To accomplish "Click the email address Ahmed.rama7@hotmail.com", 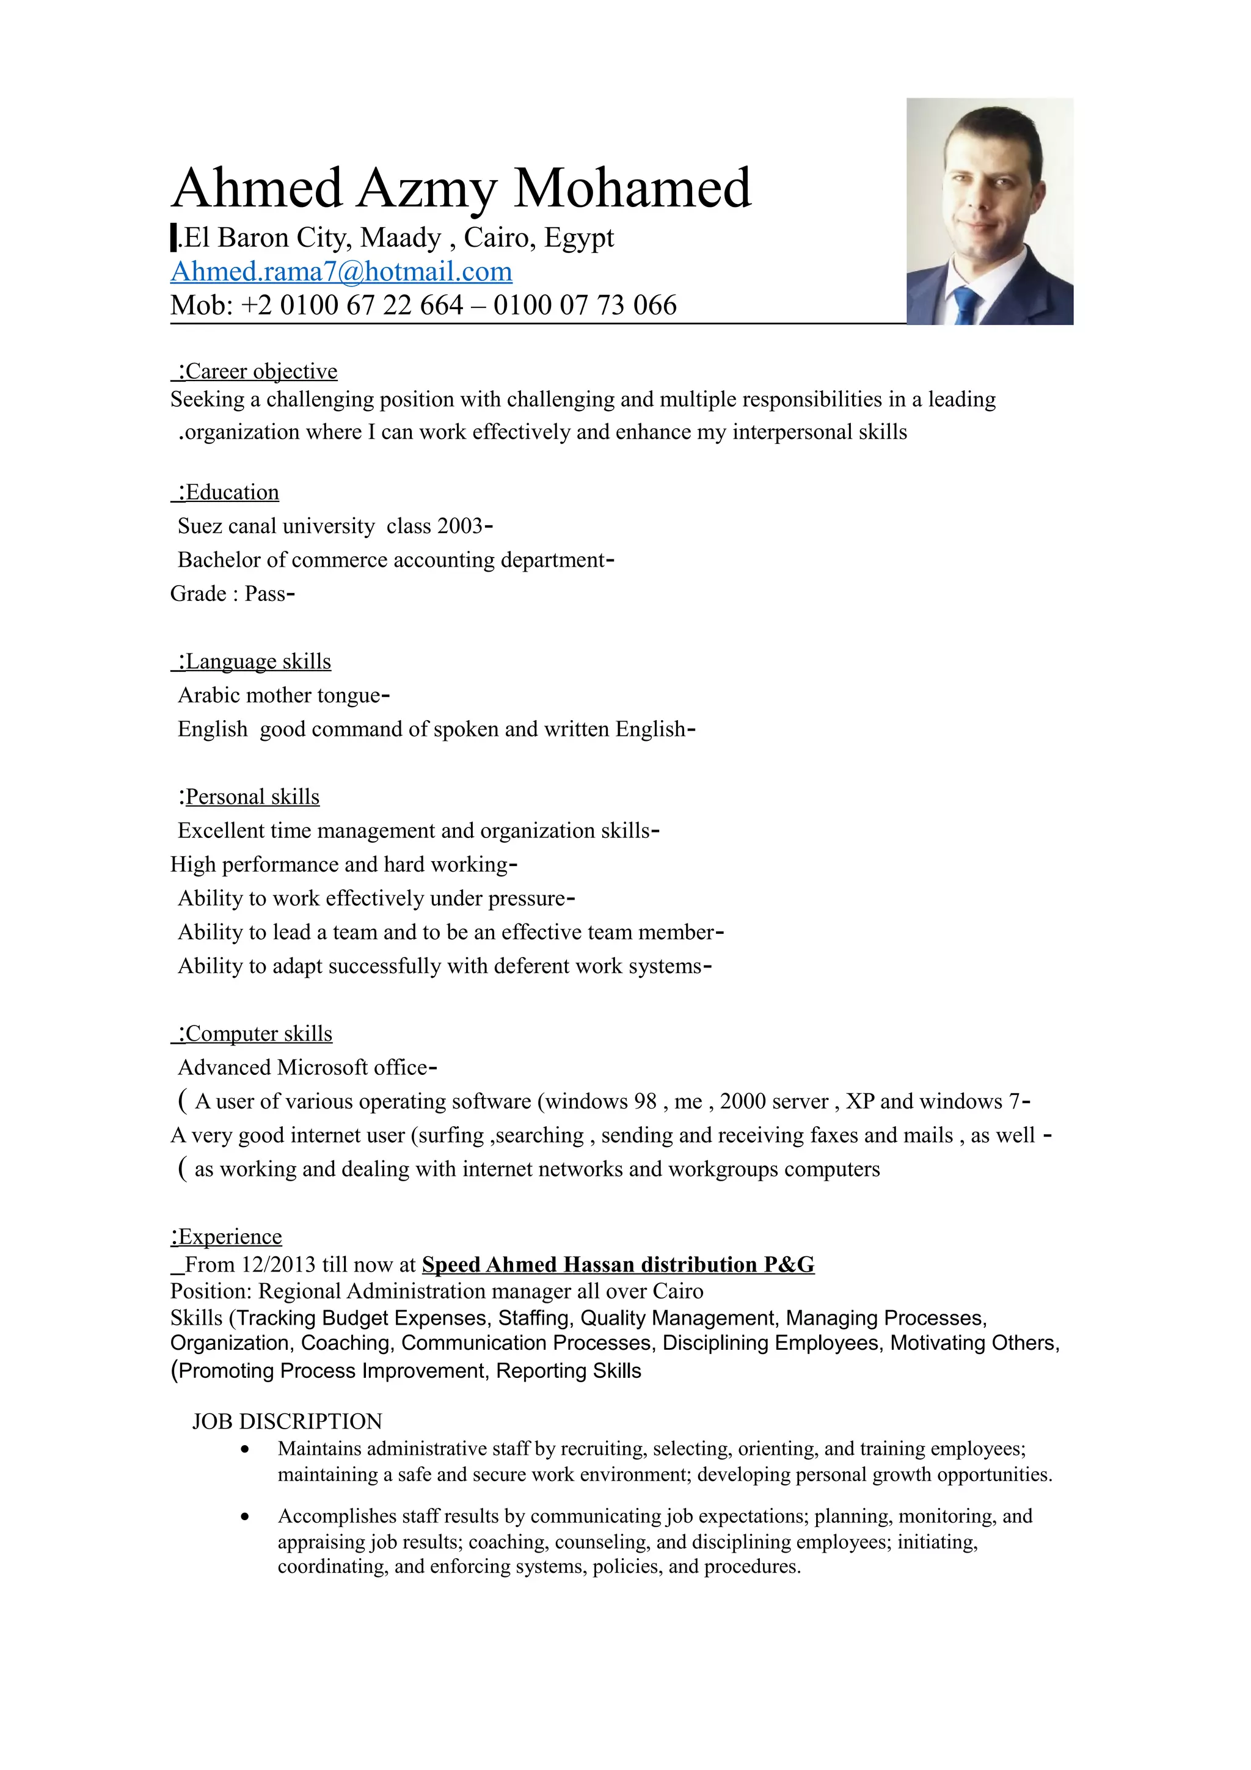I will click(x=341, y=271).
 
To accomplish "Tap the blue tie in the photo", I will click(x=966, y=305).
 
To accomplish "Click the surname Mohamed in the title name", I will click(x=632, y=188).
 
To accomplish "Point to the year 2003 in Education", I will click(x=459, y=526).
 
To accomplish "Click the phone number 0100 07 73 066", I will click(x=585, y=305).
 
